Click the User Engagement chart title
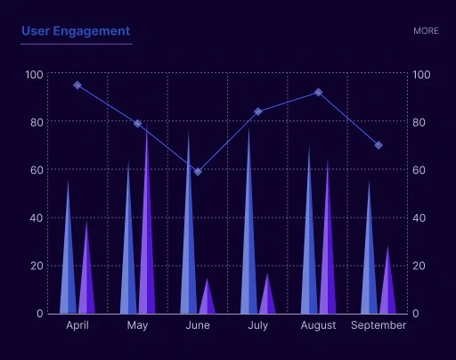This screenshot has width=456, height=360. pos(76,31)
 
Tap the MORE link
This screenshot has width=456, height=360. pos(426,31)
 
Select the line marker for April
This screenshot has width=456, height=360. pos(77,86)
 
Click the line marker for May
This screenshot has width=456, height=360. pos(138,124)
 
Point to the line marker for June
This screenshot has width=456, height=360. pos(198,172)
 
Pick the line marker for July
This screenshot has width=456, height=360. pos(258,111)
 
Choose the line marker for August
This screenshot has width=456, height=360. pos(318,93)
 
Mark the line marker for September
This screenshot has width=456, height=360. pos(379,145)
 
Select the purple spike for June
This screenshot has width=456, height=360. pos(208,300)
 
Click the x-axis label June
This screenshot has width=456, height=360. pos(198,325)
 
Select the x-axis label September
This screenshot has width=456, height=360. pos(379,325)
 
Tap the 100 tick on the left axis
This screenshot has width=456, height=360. pos(33,74)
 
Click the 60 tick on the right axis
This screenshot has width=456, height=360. pos(421,170)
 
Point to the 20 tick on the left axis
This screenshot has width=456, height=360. pos(36,266)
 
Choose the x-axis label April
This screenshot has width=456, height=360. pos(77,325)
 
